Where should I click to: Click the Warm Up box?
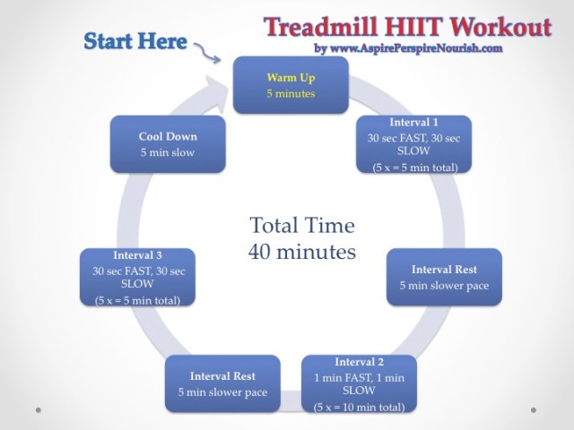click(291, 84)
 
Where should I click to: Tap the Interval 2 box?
click(359, 384)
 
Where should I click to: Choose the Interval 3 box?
click(137, 278)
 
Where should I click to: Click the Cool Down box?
click(167, 144)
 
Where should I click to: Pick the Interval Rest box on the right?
click(443, 277)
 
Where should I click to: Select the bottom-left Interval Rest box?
click(222, 383)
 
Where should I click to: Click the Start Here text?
click(135, 41)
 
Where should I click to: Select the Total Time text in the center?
click(301, 225)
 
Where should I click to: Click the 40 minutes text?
click(301, 252)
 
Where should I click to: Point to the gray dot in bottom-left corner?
click(38, 410)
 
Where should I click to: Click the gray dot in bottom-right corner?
click(535, 410)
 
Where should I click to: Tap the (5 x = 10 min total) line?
click(359, 408)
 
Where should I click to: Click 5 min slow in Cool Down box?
click(167, 152)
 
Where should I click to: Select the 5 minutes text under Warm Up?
click(291, 93)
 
